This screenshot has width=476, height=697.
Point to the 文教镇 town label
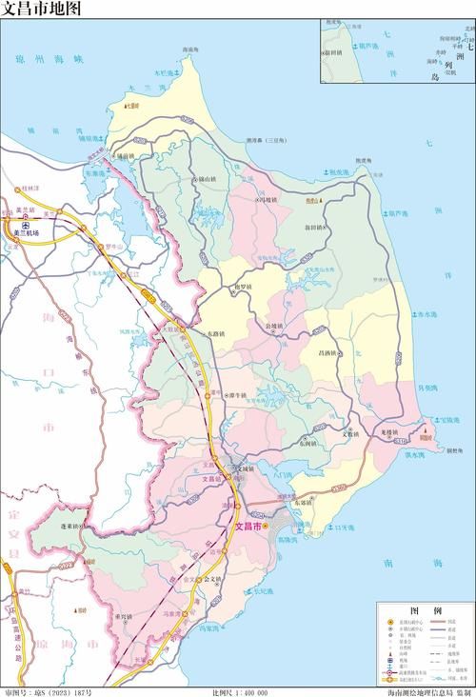click(x=355, y=433)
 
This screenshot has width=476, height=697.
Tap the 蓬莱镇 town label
click(x=75, y=525)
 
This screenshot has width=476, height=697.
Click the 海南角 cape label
click(x=191, y=49)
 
